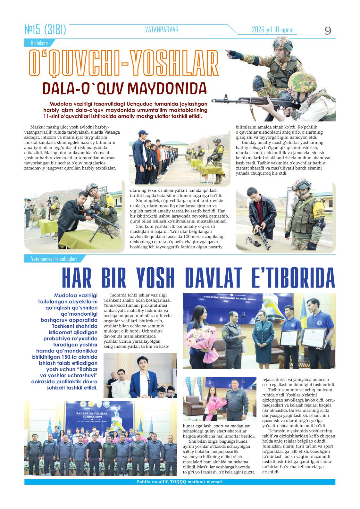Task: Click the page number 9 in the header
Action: tap(328, 31)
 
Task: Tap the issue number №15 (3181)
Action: tap(45, 30)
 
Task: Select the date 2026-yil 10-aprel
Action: tap(272, 30)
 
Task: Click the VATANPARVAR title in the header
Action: tap(162, 30)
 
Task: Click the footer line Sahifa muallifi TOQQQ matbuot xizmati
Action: tap(180, 482)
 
